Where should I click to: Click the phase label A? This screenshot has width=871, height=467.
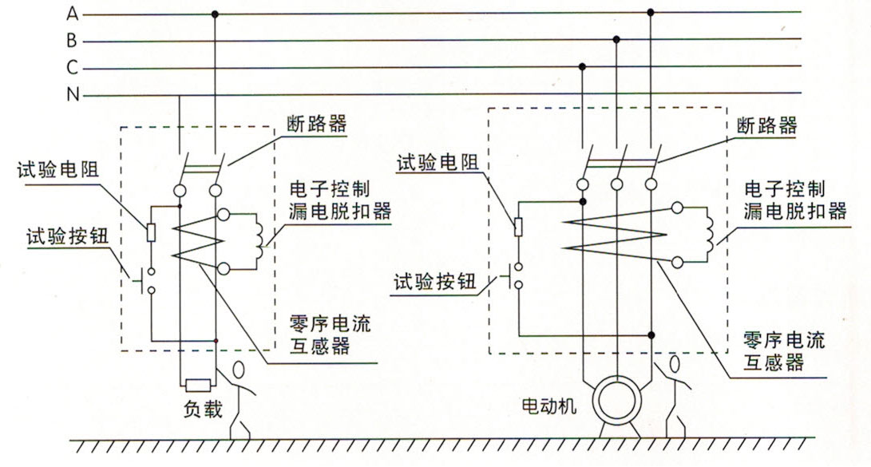tap(72, 14)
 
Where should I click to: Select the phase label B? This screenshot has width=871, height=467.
tap(72, 41)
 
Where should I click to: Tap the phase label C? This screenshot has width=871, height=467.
tap(72, 68)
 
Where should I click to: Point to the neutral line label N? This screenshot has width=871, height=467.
tap(72, 95)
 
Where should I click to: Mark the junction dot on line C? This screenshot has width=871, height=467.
tap(583, 66)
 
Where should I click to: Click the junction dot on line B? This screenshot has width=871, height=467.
tap(616, 39)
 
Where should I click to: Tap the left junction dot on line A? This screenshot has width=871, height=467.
tap(214, 14)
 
